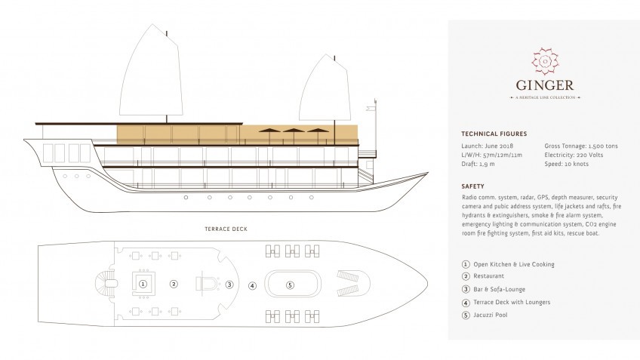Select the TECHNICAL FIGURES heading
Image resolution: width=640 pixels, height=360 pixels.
point(493,133)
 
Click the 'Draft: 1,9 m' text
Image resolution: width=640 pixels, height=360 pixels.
point(477,162)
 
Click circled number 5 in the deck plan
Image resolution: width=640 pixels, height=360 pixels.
point(290,284)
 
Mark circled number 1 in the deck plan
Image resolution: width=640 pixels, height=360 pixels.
point(143,284)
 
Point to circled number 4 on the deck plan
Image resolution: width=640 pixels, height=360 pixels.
point(253,285)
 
